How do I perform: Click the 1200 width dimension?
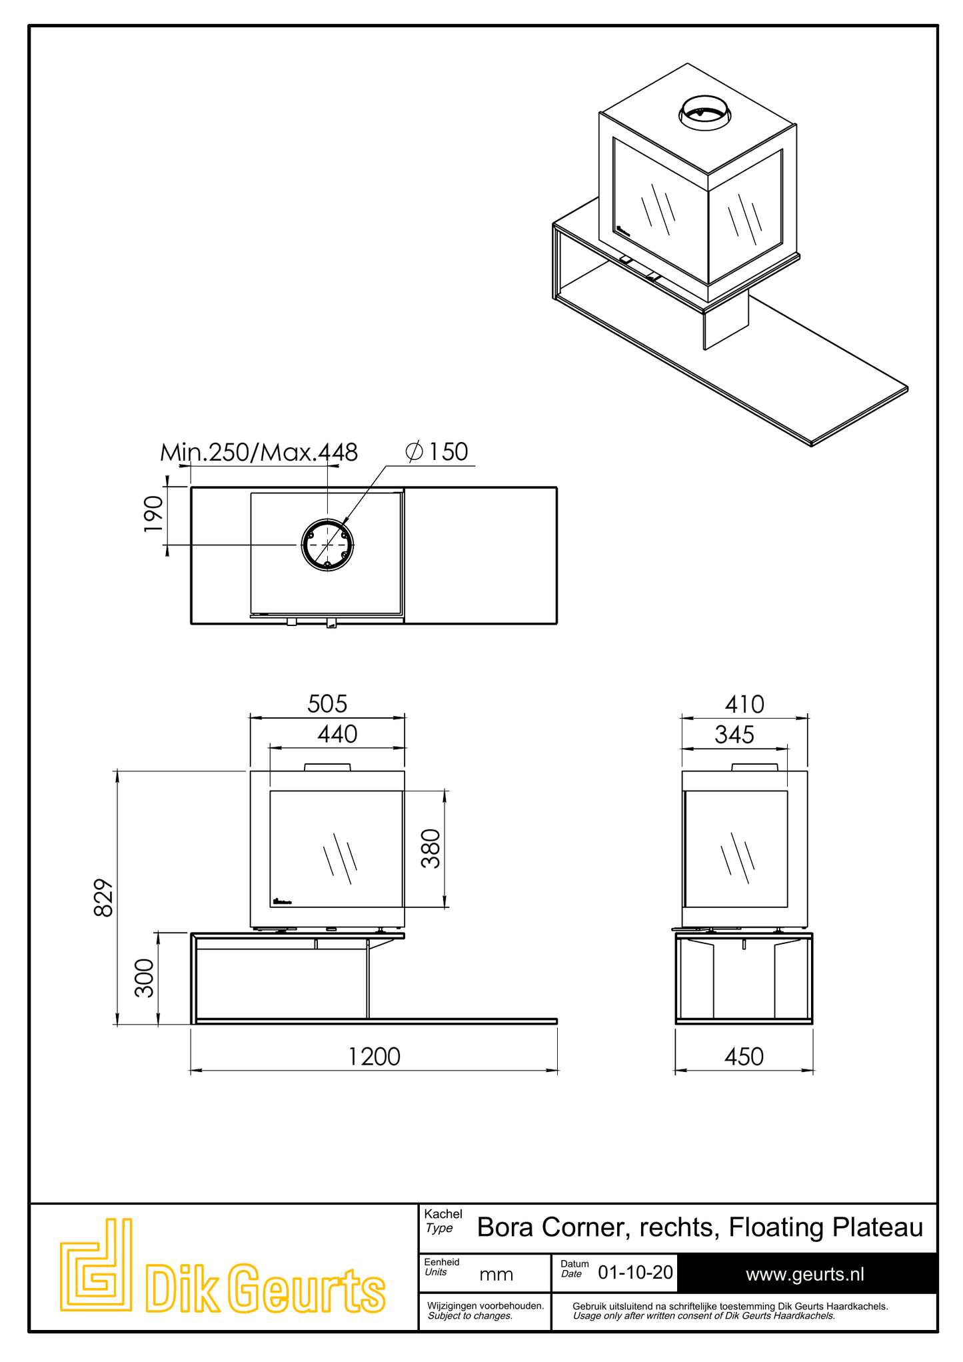[x=374, y=1057]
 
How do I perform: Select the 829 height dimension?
[x=104, y=897]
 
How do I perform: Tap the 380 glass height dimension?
[x=431, y=848]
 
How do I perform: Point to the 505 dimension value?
[x=327, y=704]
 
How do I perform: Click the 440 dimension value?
[x=337, y=734]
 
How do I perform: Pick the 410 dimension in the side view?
[x=744, y=705]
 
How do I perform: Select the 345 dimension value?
[x=734, y=735]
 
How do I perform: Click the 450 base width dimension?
[x=744, y=1057]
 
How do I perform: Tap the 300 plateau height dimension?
[x=144, y=978]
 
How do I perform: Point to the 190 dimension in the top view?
[x=153, y=513]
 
